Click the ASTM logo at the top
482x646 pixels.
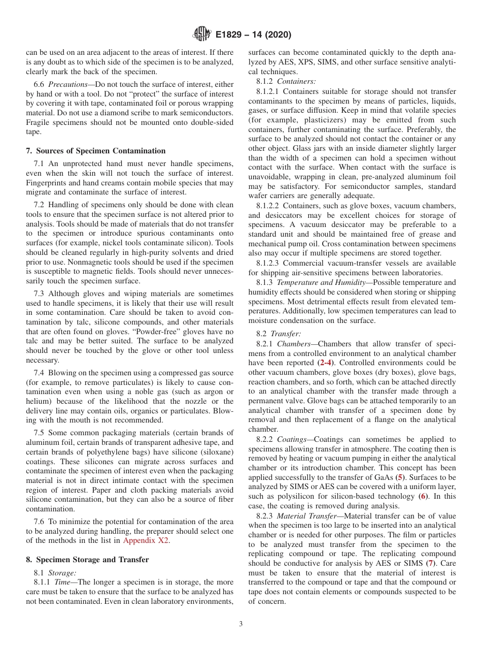202,35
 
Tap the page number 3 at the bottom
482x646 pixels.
240,624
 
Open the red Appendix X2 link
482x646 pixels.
146,540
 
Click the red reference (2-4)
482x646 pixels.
326,363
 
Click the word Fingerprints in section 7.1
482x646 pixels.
47,183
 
